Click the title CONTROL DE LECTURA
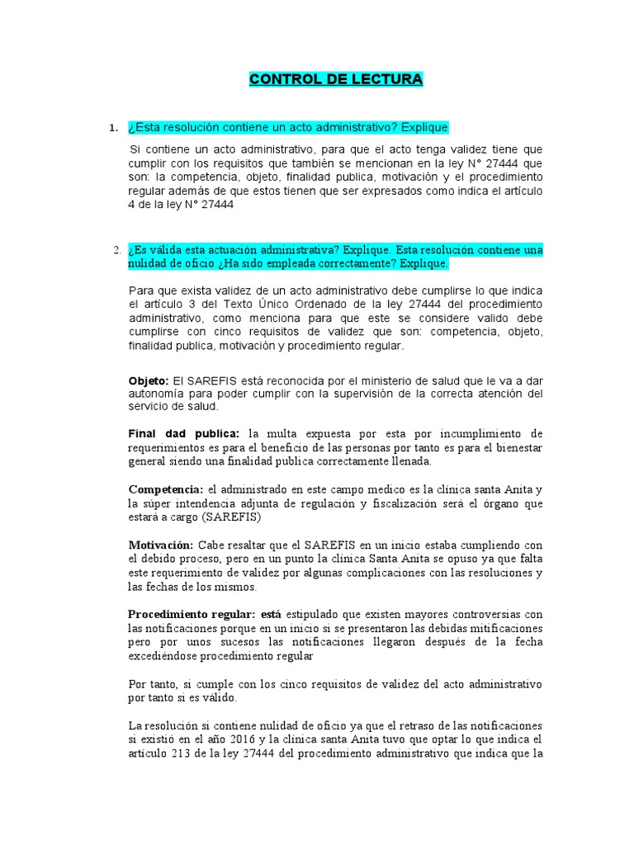[336, 79]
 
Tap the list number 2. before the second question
[116, 250]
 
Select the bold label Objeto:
[149, 380]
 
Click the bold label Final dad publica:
[184, 434]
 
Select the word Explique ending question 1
[421, 128]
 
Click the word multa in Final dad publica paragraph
[277, 434]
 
